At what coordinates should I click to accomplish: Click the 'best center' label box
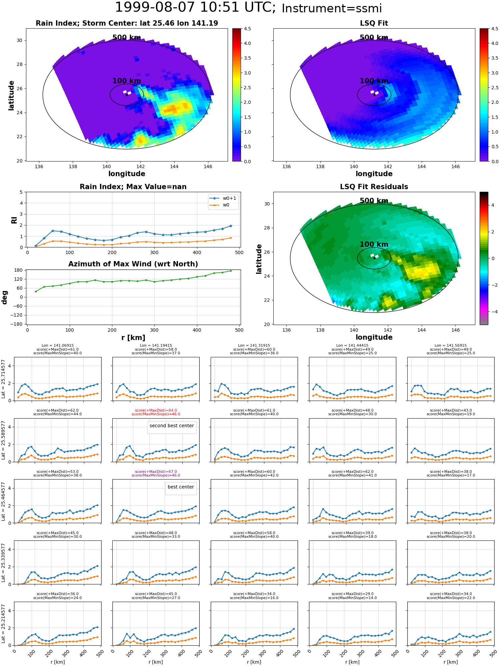(181, 489)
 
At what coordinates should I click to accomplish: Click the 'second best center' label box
(172, 427)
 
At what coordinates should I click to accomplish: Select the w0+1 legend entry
(223, 198)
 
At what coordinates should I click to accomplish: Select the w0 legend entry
(220, 205)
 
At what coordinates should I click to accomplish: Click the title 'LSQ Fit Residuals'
(374, 187)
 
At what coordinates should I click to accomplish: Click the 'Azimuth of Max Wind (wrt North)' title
(133, 264)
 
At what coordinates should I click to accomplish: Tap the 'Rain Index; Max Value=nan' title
(133, 187)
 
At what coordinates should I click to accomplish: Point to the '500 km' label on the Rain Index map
(127, 38)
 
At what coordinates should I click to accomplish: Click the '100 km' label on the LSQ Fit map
(374, 81)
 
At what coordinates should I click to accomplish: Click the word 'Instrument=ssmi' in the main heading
(332, 9)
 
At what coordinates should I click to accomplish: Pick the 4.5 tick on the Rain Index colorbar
(248, 29)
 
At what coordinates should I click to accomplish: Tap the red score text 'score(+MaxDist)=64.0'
(156, 411)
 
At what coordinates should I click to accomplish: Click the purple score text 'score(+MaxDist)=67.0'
(156, 472)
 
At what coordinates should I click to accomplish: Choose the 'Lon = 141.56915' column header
(451, 346)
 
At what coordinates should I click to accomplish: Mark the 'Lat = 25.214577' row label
(3, 624)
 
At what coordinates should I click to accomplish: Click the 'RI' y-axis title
(14, 220)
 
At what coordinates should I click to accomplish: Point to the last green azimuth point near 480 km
(231, 271)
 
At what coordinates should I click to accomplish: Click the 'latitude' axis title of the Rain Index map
(11, 95)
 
